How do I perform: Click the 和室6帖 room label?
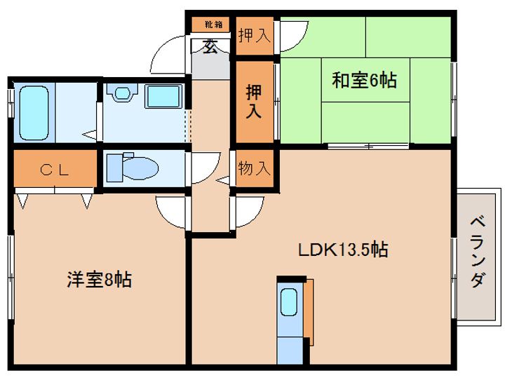click(364, 81)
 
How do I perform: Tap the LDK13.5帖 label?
click(343, 250)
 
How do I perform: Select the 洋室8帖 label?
click(100, 280)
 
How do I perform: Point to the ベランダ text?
click(478, 252)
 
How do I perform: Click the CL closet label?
click(55, 170)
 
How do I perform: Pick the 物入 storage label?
click(254, 168)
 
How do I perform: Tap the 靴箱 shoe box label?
click(213, 25)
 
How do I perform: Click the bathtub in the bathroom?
click(34, 113)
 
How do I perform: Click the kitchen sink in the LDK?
click(288, 301)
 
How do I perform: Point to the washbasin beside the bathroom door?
click(122, 93)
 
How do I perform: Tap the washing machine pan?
click(163, 96)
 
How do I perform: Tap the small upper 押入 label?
click(255, 36)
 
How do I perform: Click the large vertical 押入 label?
click(254, 102)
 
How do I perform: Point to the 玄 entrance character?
click(210, 46)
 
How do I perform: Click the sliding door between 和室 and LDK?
click(368, 146)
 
